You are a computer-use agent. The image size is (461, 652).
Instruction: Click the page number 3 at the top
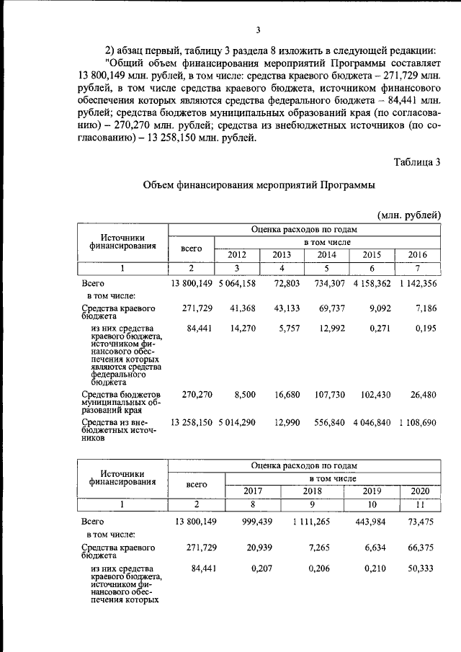(257, 30)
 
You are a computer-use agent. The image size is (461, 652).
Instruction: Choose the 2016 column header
(418, 254)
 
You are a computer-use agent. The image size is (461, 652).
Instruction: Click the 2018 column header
(313, 491)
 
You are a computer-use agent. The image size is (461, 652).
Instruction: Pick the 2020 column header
(420, 491)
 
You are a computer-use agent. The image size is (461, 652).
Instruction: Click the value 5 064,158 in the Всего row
(237, 283)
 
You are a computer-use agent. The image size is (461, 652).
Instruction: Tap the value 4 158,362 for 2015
(372, 283)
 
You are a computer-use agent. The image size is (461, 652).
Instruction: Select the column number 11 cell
(420, 504)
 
